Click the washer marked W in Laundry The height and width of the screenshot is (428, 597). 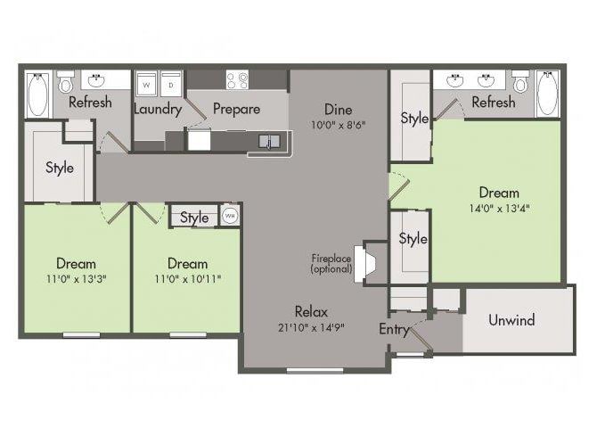tap(146, 84)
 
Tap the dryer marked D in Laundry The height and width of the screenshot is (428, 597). tap(170, 84)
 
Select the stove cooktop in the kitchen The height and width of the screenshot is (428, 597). tap(237, 79)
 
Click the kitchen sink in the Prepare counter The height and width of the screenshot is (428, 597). tap(269, 142)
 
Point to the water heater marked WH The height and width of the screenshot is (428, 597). tap(230, 216)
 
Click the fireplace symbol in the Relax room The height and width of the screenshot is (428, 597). tap(364, 263)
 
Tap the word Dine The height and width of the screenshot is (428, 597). tap(338, 110)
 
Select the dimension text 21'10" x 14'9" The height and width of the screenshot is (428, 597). tap(312, 327)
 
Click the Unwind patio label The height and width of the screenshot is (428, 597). tap(511, 320)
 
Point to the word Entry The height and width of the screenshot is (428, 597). tap(394, 329)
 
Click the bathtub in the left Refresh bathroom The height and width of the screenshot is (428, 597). tap(38, 95)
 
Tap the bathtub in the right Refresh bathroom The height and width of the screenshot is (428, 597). tap(547, 94)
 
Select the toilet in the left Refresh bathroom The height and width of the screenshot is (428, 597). tap(66, 81)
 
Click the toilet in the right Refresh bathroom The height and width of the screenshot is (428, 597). tap(520, 81)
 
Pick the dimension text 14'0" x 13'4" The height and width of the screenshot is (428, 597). tap(500, 209)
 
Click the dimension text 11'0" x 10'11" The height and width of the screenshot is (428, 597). tap(187, 279)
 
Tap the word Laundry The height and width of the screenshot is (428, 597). tap(158, 110)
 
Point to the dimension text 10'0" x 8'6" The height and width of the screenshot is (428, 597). tap(338, 125)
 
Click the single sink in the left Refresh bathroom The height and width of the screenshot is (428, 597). tap(96, 81)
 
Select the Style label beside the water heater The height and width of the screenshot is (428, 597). tap(194, 218)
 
